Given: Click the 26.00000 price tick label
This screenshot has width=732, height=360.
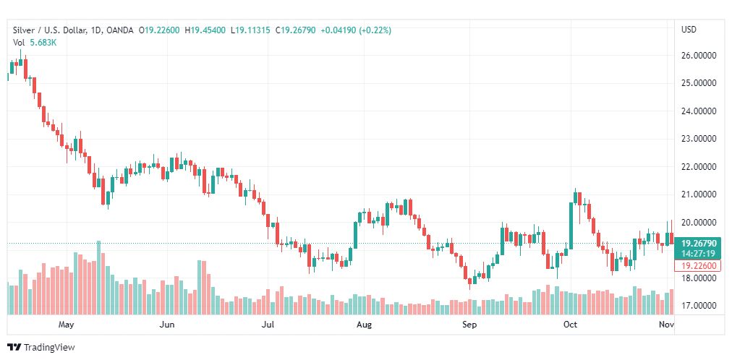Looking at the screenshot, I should click(699, 55).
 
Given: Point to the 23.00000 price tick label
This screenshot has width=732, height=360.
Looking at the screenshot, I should click(699, 139).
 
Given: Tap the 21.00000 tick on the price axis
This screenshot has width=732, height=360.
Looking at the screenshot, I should click(699, 194).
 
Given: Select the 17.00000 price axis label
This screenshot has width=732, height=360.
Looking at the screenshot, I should click(699, 306).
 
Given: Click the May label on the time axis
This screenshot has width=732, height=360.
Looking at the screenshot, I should click(67, 325).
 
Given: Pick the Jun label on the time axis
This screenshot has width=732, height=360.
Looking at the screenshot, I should click(167, 325).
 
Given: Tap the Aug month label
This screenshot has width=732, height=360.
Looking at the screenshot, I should click(364, 325).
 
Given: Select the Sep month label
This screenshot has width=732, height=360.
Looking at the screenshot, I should click(469, 325).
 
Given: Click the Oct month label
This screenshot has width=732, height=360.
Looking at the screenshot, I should click(570, 325).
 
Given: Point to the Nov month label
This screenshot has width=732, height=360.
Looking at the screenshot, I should click(666, 325).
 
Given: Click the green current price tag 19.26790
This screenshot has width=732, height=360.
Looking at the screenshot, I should click(698, 244).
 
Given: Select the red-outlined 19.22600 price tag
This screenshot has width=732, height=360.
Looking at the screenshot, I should click(698, 266).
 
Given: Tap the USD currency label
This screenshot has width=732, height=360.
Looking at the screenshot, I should click(689, 30).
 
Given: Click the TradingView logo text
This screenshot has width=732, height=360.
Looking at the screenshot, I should click(49, 348).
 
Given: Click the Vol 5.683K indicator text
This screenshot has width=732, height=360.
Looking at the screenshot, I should click(35, 42).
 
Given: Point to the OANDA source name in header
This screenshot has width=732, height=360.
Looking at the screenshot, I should click(121, 30).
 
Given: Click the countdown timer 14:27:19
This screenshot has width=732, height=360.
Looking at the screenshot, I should click(698, 254).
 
